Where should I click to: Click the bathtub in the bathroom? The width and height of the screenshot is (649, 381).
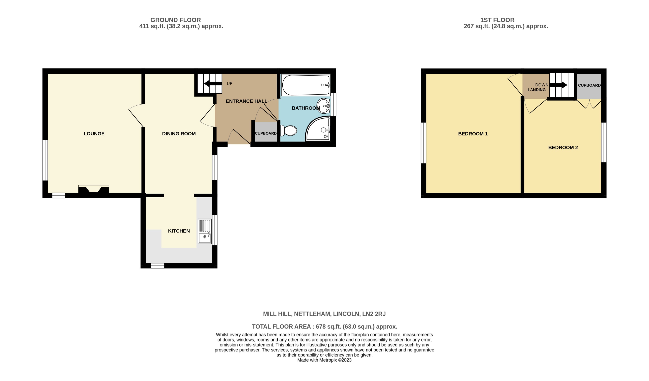pos(305,85)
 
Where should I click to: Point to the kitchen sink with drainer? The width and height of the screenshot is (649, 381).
pos(205,231)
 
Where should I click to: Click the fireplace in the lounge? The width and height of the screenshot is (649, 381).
pos(93,190)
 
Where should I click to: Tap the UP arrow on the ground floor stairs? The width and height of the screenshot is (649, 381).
pos(213,84)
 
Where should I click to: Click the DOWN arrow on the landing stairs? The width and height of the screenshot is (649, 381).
pos(559,85)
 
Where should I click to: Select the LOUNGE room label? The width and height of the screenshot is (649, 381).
pos(94,134)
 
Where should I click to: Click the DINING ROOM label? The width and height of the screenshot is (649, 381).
pos(179,134)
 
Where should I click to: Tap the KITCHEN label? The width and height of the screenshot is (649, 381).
pos(179,231)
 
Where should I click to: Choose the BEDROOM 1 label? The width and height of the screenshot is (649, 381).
pos(473,134)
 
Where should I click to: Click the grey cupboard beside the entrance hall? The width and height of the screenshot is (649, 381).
pos(266,132)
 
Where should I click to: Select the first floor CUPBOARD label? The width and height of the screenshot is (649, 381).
pos(589,85)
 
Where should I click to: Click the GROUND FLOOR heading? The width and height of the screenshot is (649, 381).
pos(175,20)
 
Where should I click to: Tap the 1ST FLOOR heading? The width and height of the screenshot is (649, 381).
pos(497,20)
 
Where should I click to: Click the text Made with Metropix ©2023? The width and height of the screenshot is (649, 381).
pos(324,360)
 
